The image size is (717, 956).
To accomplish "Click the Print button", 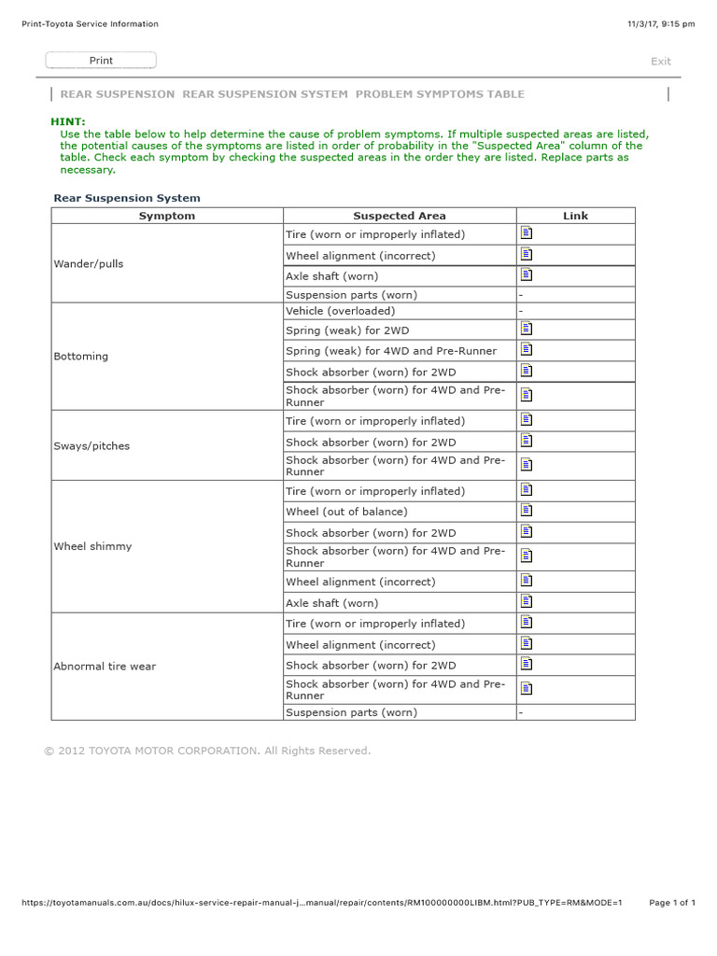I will coord(101,61).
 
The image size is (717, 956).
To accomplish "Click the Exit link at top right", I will coord(660,62).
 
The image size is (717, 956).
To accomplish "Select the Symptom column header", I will coord(167,216).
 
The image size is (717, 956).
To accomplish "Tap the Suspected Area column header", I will coord(399,216).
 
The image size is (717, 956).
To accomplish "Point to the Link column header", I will coord(575,216).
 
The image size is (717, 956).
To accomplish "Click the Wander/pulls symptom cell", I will coord(89,264).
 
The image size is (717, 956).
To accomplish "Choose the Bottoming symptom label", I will coord(81,357).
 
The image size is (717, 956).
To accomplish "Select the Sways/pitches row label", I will coord(91,446).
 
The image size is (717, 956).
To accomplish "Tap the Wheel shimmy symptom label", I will coord(92,546).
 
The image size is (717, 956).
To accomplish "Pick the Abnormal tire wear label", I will coord(105,667).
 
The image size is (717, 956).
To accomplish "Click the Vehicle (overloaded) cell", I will coord(340,311).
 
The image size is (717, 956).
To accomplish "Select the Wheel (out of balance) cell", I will coord(346,512).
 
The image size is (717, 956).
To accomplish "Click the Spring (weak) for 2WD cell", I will coord(347,330).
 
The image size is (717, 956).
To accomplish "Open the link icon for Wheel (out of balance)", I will coord(527,510).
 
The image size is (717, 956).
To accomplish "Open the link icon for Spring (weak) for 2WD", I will coord(527,329).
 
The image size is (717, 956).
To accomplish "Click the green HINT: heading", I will coord(67,121).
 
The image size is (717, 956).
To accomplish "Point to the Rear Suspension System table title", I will coord(127,198).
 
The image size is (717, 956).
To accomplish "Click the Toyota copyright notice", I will coord(207,751).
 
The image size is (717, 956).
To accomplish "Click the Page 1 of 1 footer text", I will coord(672,903).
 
